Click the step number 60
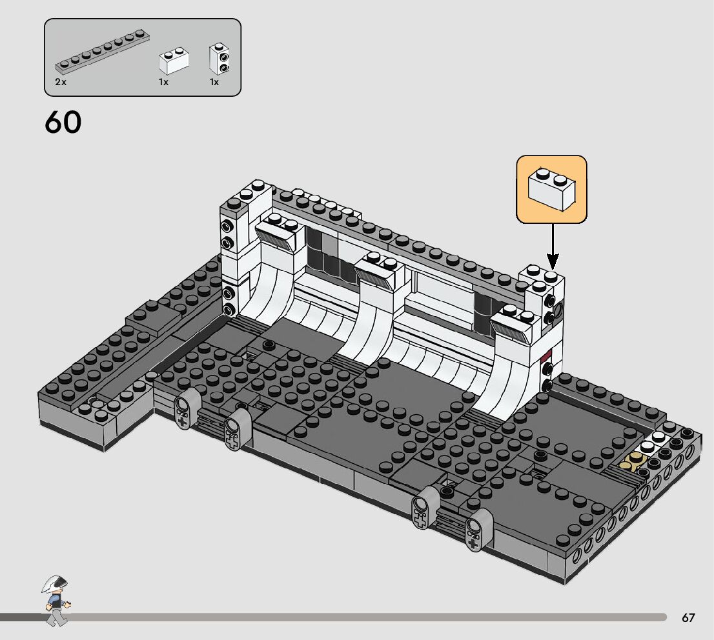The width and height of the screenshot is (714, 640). (x=63, y=122)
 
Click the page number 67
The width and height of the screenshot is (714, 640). (x=688, y=617)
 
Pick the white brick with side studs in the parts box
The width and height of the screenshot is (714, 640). (x=219, y=58)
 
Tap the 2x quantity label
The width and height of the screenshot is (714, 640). (x=61, y=82)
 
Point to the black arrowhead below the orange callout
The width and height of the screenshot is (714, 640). (x=553, y=262)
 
